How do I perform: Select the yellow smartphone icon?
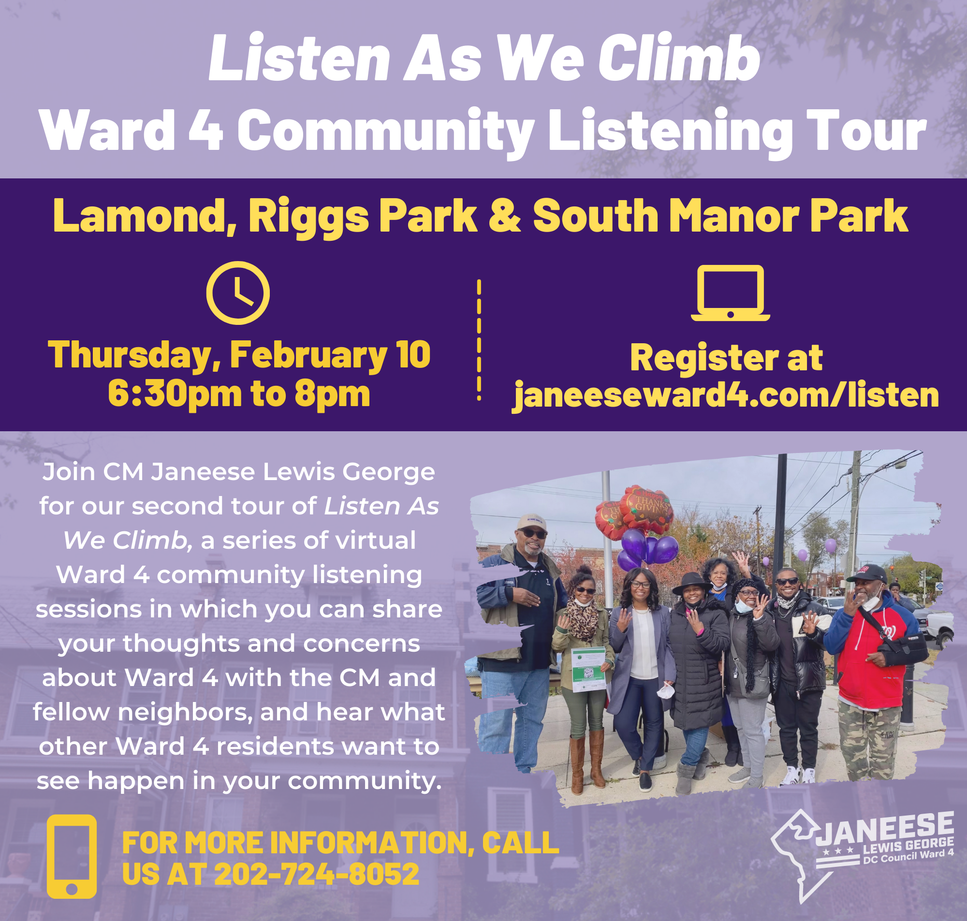coord(72,856)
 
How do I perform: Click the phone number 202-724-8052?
coord(317,874)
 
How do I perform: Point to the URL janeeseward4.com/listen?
coord(726,395)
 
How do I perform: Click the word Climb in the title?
coord(679,58)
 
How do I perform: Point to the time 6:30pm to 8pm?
coord(239,394)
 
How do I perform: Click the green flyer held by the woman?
coord(589,669)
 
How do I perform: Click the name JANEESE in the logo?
coord(885,830)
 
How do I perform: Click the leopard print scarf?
coord(583,619)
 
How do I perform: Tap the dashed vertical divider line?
coord(479,340)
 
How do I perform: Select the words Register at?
coord(727,357)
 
